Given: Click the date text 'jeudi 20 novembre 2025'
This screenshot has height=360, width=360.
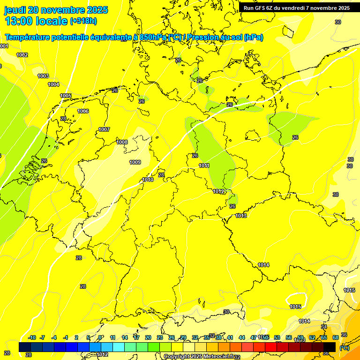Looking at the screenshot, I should pos(56,10).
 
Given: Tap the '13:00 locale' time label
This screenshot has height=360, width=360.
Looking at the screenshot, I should pos(36,21).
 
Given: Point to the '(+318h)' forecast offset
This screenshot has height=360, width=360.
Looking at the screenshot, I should pos(83,21).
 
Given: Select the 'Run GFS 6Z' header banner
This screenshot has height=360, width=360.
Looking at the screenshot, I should pos(297,8).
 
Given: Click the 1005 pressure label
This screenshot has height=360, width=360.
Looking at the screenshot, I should pos(66,96).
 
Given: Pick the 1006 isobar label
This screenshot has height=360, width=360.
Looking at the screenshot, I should pos(83,111).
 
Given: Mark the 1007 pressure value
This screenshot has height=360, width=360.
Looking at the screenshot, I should pos(104,129).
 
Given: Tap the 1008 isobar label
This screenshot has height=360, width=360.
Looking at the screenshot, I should pos(122,142).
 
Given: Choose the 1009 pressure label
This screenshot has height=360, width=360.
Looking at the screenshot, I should pos(135,162).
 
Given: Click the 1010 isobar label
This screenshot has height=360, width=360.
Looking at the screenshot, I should pos(148,180).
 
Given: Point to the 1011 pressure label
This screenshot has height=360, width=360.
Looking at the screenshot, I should pos(204,165).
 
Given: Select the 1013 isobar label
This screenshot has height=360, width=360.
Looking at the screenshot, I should pos(241,216).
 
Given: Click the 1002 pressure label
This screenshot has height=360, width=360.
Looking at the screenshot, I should pos(22,55).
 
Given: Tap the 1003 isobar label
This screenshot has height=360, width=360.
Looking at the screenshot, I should pos(43,76).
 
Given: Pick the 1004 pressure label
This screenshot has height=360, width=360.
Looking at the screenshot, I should pos(53,84).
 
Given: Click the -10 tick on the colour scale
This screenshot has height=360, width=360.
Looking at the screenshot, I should pos(32,337).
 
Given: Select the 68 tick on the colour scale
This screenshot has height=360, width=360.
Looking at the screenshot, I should pos(335,337).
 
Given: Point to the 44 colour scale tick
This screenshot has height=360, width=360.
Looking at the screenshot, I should pos(241,337).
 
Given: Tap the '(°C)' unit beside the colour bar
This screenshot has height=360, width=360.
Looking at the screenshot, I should pos(344,348).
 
